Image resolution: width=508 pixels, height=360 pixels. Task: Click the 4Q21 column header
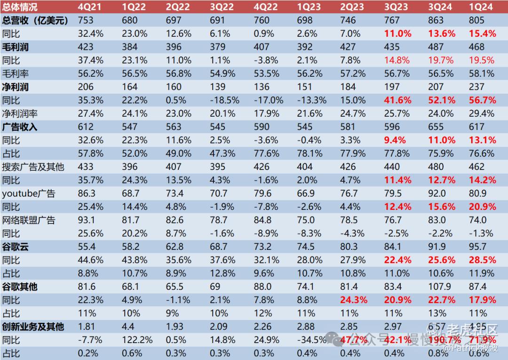88,7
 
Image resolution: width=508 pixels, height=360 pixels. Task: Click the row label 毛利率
16,73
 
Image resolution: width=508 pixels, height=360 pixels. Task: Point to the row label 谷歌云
16,246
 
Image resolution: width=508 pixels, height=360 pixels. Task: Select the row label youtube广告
29,193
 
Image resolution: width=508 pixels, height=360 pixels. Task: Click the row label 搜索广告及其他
33,167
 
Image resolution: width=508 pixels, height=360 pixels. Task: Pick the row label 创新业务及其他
33,326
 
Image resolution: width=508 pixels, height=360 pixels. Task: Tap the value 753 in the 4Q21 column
86,20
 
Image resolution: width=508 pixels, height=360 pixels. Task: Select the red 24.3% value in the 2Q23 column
356,300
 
